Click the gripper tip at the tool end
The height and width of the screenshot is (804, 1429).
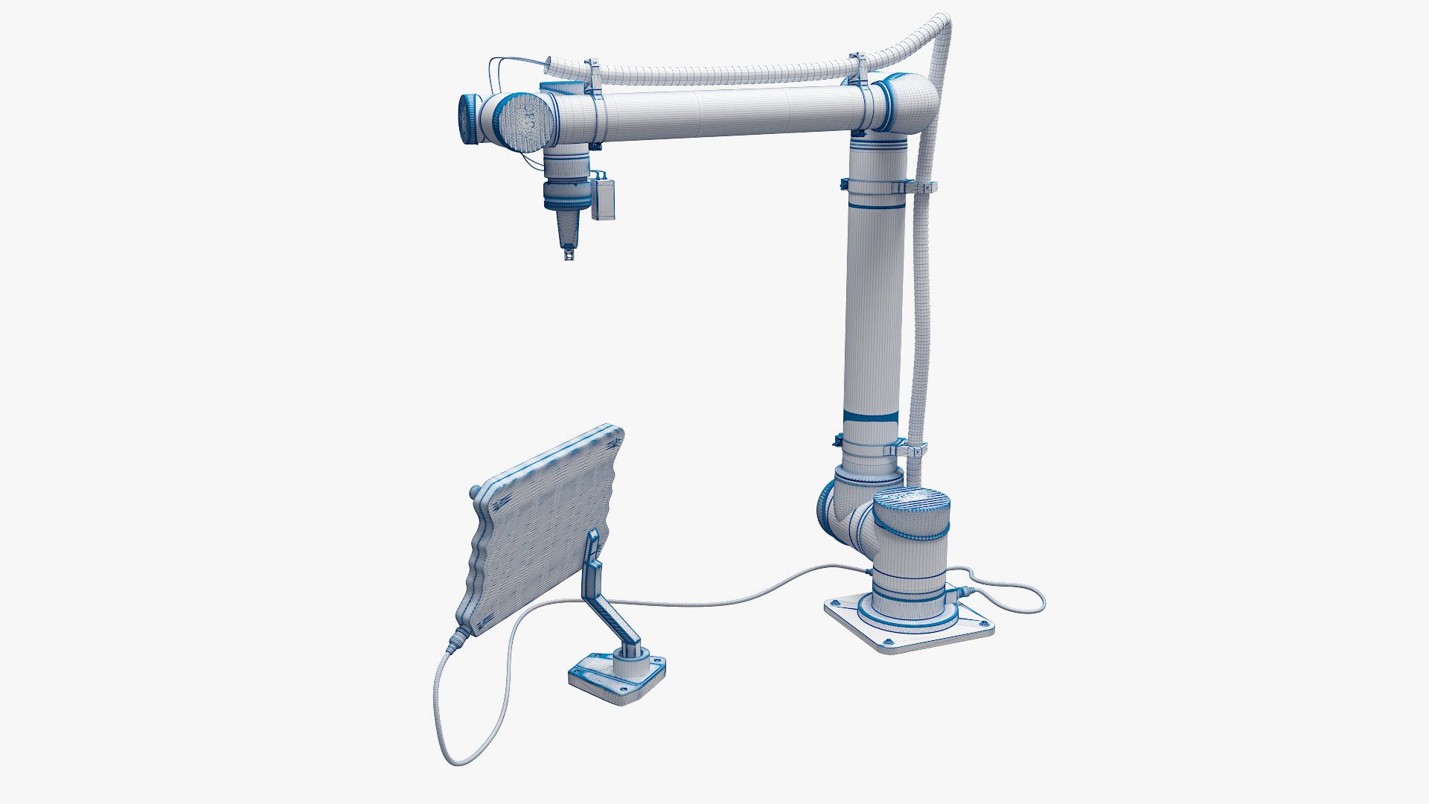(x=569, y=255)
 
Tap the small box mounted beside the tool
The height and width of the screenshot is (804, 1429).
(x=603, y=199)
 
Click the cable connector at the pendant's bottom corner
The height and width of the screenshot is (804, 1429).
(x=456, y=639)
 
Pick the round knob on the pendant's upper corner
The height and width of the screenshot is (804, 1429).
(x=473, y=492)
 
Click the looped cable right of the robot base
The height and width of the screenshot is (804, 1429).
(x=1020, y=596)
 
